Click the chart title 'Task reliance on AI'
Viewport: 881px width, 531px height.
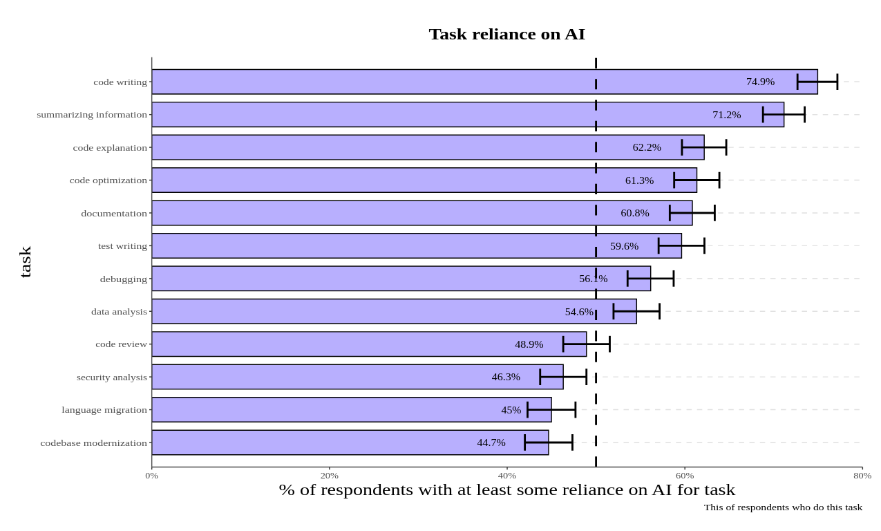tap(506, 34)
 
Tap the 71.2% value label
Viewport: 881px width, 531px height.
tap(726, 115)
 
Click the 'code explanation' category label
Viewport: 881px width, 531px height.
tap(110, 147)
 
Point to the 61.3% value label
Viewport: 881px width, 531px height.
tap(639, 180)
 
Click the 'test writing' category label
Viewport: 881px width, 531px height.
tap(122, 246)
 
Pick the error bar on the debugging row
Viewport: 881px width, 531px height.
tap(650, 279)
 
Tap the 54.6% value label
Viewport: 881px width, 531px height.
tap(579, 312)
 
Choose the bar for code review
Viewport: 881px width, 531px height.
tap(345, 344)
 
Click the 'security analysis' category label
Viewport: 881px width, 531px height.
tap(112, 377)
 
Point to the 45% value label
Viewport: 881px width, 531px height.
tap(511, 410)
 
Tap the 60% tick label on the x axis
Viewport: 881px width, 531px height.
tap(685, 476)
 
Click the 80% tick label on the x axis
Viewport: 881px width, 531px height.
tap(862, 476)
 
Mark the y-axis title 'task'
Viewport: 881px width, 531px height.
tap(26, 262)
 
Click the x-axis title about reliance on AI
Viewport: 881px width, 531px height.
tap(506, 490)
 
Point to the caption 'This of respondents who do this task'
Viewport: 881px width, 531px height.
tap(783, 507)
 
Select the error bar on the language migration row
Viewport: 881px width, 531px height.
tap(551, 410)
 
